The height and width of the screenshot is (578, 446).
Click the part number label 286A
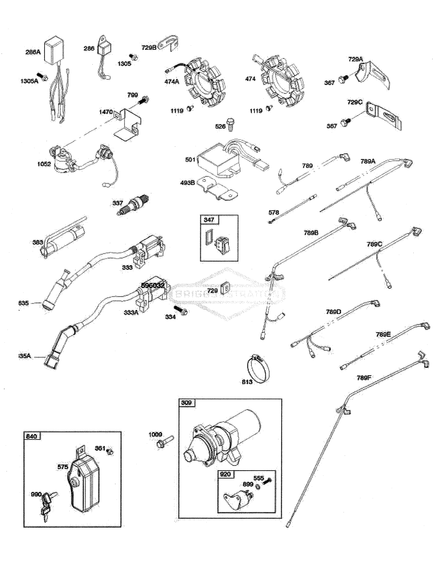tap(33, 52)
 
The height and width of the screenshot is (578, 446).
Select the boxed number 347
tap(209, 220)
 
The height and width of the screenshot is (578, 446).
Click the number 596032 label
tap(153, 285)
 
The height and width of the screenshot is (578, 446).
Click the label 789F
tap(364, 378)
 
